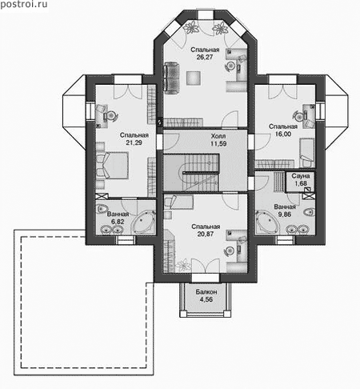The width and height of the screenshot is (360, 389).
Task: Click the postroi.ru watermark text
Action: (x=24, y=5)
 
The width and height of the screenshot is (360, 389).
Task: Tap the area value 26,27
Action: (x=205, y=57)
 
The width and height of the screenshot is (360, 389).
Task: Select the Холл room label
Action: (x=218, y=136)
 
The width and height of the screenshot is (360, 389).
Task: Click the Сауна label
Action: (x=301, y=176)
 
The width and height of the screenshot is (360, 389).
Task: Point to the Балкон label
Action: (x=206, y=292)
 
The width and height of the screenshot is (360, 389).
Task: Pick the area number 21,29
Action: (x=134, y=142)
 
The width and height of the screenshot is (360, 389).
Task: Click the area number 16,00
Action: (x=283, y=134)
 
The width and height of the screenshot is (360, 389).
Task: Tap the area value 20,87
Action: (x=206, y=234)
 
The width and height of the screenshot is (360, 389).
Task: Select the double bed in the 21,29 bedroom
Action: (x=112, y=165)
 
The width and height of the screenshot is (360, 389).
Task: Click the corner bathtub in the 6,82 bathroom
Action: (x=144, y=223)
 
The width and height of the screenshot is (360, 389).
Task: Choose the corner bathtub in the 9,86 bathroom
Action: (x=266, y=223)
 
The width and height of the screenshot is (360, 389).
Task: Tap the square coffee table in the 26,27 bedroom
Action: (x=193, y=78)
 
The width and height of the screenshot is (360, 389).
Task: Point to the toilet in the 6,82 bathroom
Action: (x=102, y=208)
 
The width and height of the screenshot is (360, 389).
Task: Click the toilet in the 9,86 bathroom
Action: (x=309, y=212)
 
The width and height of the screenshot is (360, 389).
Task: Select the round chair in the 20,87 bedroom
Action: (x=230, y=251)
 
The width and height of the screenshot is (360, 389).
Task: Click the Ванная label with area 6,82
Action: (x=118, y=214)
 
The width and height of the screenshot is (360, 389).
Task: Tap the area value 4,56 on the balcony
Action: (x=206, y=299)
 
